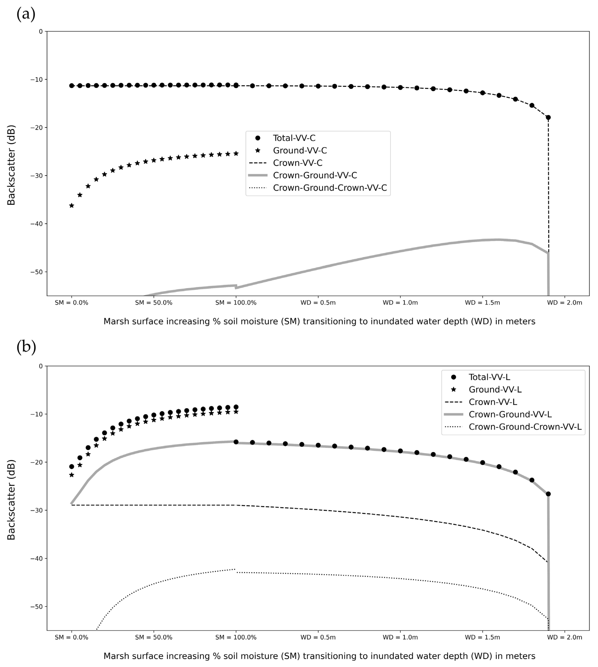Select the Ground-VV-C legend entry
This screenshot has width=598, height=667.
tap(300, 151)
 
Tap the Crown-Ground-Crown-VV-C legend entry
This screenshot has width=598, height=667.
tap(329, 188)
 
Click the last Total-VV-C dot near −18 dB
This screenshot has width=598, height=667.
tap(548, 117)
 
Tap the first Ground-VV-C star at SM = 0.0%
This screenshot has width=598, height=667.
tap(72, 205)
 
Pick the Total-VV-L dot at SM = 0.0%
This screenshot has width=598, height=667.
tap(72, 466)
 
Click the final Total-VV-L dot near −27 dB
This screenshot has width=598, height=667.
tap(548, 494)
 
